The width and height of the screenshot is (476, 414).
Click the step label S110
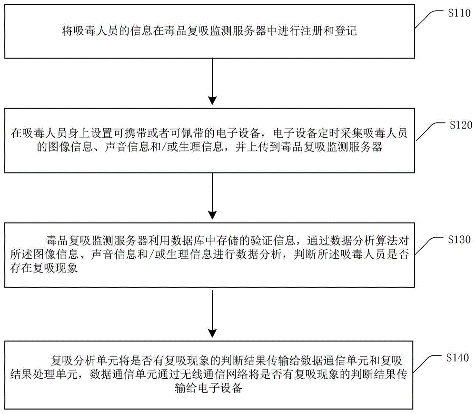(x=458, y=14)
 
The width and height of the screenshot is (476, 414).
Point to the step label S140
(x=458, y=357)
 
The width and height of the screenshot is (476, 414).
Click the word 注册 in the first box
(x=319, y=31)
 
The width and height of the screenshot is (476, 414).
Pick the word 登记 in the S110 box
(x=354, y=31)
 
